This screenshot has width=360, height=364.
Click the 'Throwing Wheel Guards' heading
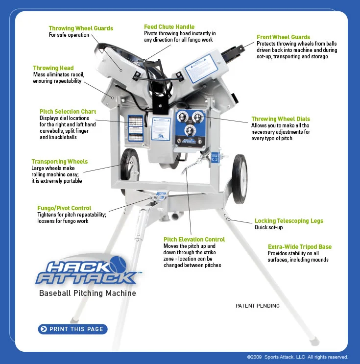(81, 28)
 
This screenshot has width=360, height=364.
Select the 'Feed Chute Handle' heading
(169, 26)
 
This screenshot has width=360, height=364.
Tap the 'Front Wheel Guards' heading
(283, 37)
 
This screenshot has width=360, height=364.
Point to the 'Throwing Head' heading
(53, 68)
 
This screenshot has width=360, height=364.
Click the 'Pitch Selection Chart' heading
(68, 112)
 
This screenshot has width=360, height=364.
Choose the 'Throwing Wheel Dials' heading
(280, 119)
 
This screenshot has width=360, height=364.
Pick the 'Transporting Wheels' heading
(59, 162)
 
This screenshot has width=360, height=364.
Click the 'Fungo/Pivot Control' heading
(64, 208)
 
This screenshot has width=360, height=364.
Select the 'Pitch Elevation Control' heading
(194, 240)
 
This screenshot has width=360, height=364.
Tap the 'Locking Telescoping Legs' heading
(288, 221)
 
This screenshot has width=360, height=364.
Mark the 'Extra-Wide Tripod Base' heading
(299, 247)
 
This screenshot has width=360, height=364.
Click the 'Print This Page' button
(72, 329)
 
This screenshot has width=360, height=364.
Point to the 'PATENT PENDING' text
(257, 306)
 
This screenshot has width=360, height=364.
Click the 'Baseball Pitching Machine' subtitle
(87, 293)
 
